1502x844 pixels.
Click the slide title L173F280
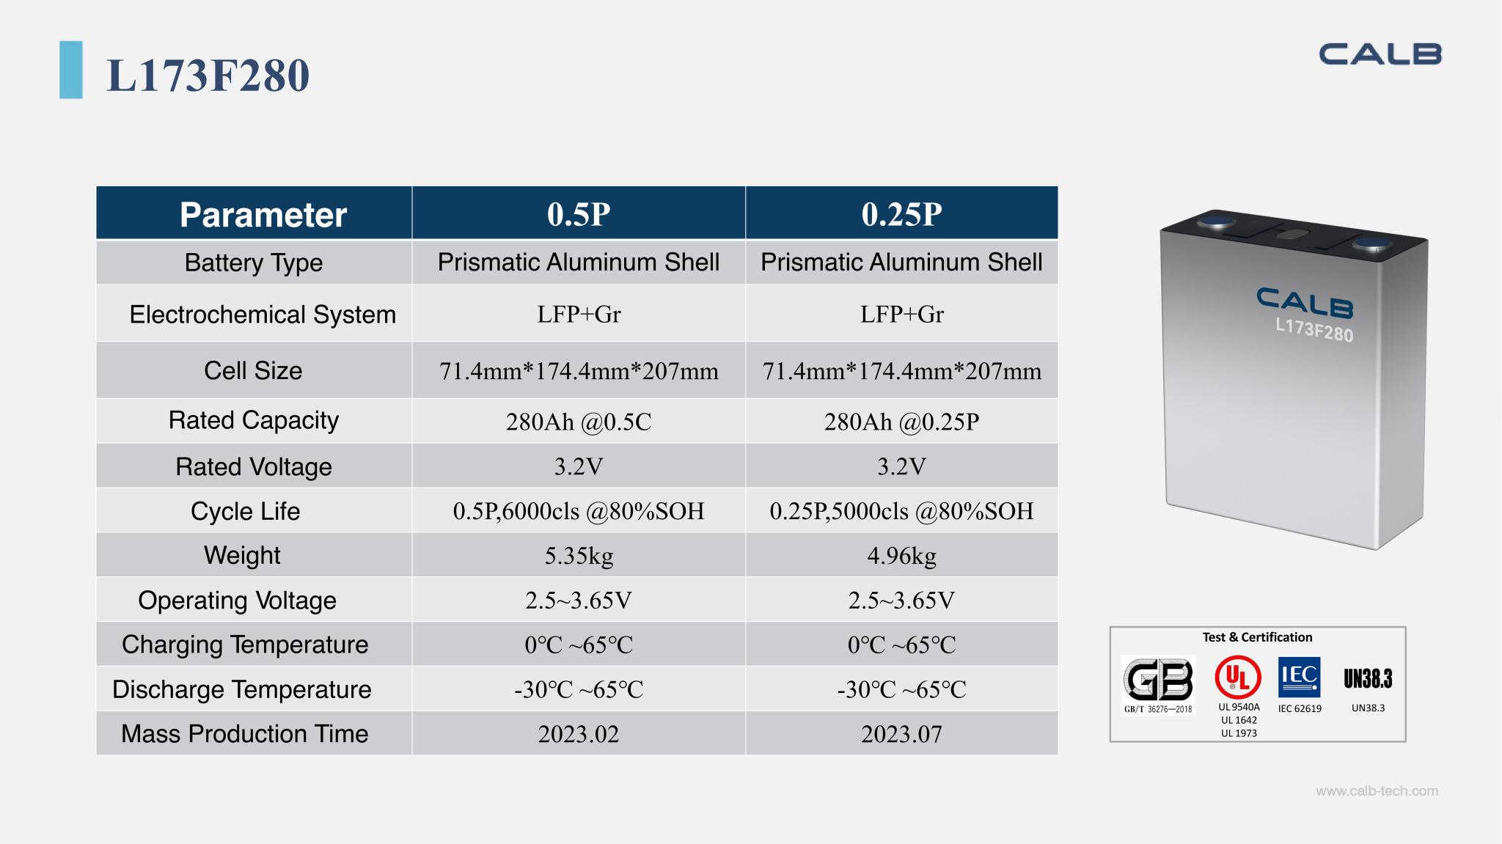208,75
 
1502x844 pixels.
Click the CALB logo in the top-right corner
1380,54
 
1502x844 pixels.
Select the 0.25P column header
901,214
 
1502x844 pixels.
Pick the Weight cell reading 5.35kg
579,556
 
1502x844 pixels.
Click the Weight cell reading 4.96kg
901,556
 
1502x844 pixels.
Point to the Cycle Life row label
246,511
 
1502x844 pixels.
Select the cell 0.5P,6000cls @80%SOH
579,511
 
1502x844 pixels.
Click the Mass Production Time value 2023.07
901,734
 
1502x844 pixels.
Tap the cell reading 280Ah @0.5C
579,422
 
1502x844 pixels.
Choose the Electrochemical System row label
263,315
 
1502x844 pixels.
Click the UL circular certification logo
1238,677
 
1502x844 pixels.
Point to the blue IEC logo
1299,677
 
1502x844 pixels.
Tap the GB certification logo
1158,680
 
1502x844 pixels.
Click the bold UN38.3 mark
1368,679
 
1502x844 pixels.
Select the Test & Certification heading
1257,637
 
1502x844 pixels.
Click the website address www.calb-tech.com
1377,791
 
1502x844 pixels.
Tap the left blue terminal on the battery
1217,220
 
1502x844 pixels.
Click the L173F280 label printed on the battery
1314,330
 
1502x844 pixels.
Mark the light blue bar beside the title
71,70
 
